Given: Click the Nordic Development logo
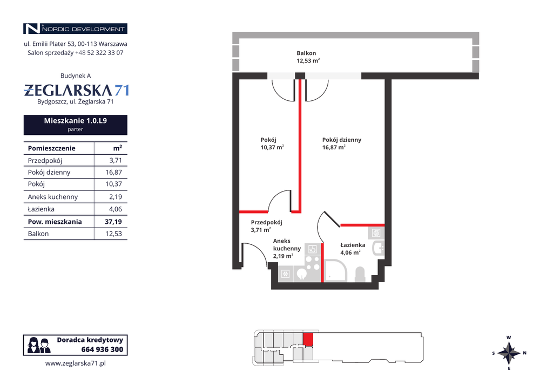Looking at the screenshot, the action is coord(75,29).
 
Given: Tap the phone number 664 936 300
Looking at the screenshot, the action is coord(102,349).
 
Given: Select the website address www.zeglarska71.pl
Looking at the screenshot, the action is coord(76,363).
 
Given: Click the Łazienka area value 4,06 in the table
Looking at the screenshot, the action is coord(116,209).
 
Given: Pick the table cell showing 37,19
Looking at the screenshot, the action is coord(113,222).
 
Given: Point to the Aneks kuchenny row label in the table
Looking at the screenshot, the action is coord(53,196).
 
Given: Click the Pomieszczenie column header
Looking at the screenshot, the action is coord(51,148).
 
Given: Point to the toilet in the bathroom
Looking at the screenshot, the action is coord(359,275).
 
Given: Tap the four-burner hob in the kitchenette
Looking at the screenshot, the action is coord(312,263).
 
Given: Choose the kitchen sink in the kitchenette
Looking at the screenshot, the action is coord(301,274).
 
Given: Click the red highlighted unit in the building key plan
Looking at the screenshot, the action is coord(308,340).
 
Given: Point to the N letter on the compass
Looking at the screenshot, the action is coord(524,353).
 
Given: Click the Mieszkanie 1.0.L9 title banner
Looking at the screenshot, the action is coord(76,125).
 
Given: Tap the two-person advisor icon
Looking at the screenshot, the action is coord(39,345).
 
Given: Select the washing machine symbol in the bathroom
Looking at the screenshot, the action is coord(376,233).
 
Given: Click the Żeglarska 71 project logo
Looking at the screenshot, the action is coord(76,90).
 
